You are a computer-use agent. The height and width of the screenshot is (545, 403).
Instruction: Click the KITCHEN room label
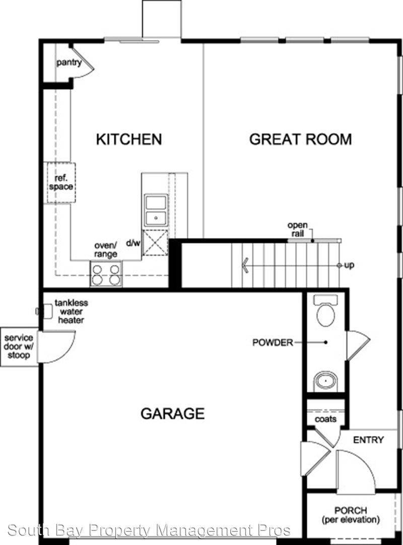[129, 139]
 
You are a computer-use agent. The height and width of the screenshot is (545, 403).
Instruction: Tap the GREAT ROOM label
[300, 139]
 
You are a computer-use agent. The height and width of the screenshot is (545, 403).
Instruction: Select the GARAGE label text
[172, 414]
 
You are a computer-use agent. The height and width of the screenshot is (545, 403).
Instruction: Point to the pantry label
[69, 63]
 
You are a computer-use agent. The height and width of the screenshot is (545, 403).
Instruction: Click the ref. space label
[61, 182]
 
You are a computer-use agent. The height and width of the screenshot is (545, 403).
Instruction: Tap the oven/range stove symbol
[106, 274]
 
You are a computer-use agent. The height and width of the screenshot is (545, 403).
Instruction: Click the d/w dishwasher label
[133, 243]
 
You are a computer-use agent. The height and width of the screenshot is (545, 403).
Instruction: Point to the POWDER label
[273, 343]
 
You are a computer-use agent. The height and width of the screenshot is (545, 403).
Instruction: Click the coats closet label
[325, 419]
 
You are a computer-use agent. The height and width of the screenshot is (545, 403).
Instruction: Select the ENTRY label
[368, 440]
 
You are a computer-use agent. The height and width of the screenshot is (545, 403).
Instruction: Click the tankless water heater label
[71, 311]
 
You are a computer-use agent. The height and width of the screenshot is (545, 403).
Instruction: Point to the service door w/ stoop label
[19, 347]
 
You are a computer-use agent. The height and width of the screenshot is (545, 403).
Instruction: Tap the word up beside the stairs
[349, 265]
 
